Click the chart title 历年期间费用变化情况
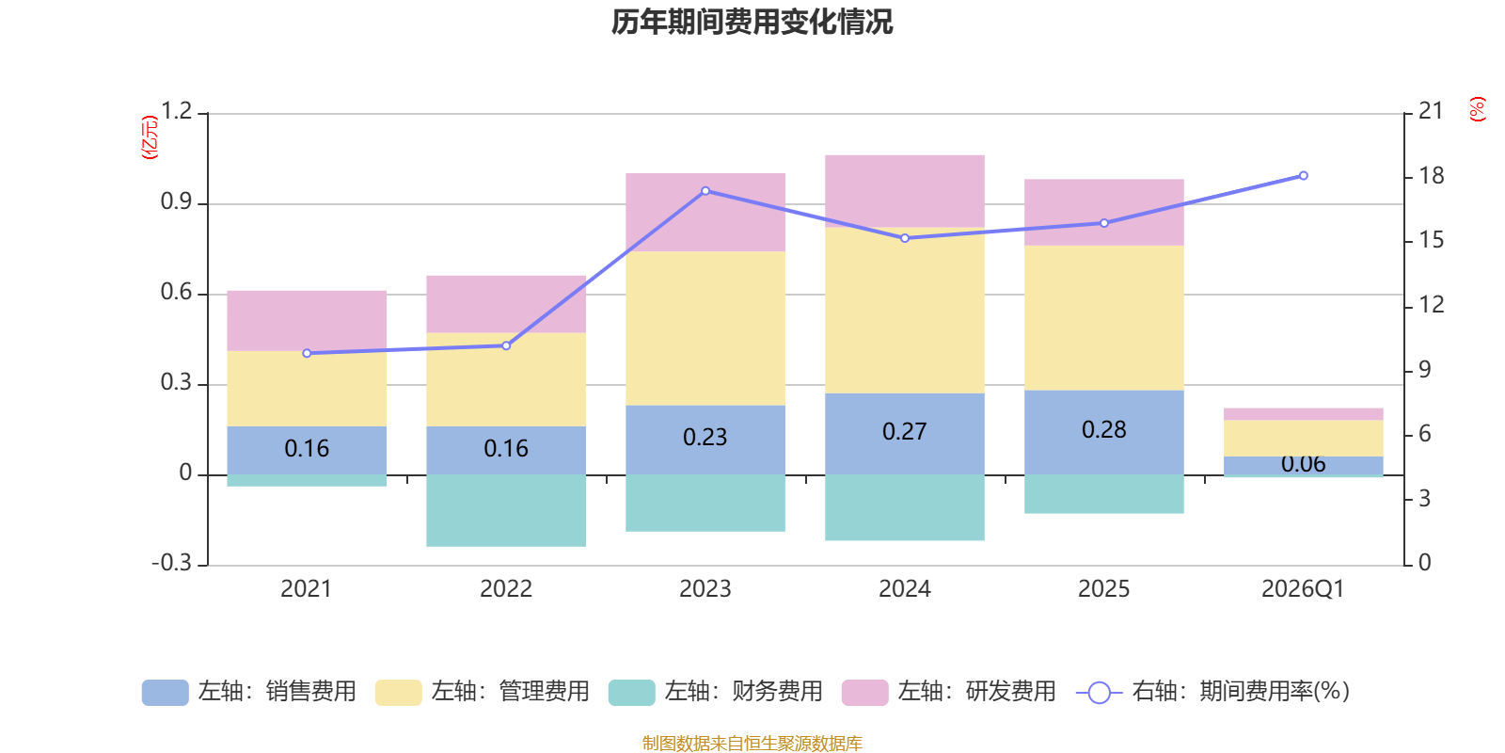(x=752, y=22)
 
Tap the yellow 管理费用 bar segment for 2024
(x=905, y=311)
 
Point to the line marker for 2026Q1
(x=1303, y=176)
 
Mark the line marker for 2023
(x=705, y=191)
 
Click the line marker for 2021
(x=307, y=353)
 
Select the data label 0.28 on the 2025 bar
(x=1103, y=430)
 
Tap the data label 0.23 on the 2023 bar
(x=705, y=438)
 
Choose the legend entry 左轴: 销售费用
(x=249, y=692)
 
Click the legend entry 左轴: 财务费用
(x=716, y=692)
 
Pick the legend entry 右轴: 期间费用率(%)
(x=1213, y=692)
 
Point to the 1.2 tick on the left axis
(x=176, y=112)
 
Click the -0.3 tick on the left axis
(x=171, y=563)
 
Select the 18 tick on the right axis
(x=1431, y=176)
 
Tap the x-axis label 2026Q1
(x=1303, y=589)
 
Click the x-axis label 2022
(x=506, y=589)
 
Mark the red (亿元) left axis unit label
(x=150, y=137)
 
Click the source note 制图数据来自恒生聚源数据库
(x=752, y=744)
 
